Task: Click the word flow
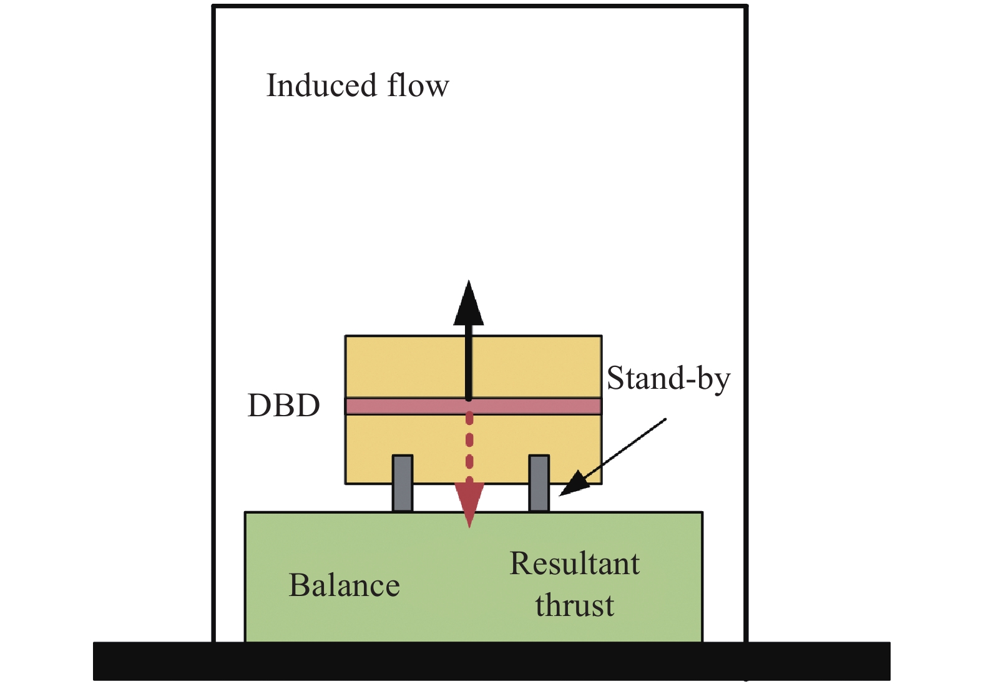tap(418, 85)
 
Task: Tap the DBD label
tap(283, 406)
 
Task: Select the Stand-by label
tap(668, 378)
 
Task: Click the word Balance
tap(344, 585)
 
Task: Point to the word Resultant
tap(574, 564)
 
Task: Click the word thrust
tap(574, 605)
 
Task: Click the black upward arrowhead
tap(469, 305)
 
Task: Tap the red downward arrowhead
tap(469, 503)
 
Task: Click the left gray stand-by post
tap(403, 483)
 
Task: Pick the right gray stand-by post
tap(539, 483)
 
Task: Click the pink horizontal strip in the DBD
tap(406, 406)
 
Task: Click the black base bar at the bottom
tap(491, 661)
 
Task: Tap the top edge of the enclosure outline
tap(479, 7)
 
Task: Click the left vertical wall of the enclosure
tap(214, 312)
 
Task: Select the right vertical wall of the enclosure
tap(745, 312)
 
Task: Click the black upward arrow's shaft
tap(469, 362)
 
